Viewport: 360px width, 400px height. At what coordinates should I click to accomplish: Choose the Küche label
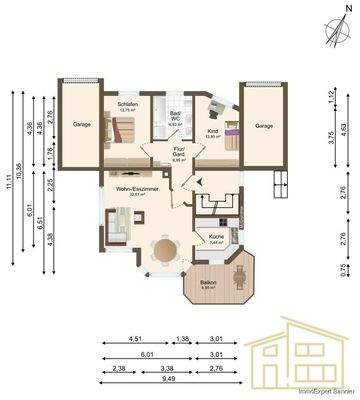coord(216,238)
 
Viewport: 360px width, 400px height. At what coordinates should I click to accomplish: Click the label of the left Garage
coord(81,125)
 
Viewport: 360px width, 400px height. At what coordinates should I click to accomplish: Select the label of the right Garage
coord(263,126)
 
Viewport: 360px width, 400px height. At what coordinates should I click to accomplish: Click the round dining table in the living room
coord(160,250)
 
